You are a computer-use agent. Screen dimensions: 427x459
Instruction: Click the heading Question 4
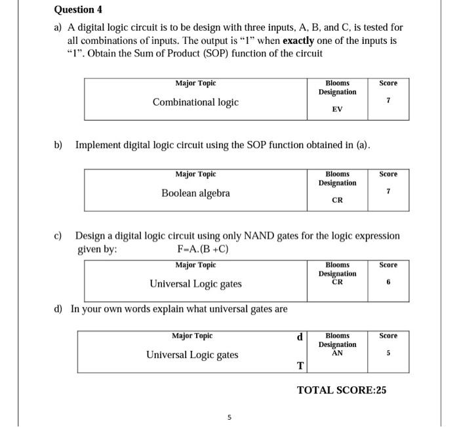(x=78, y=10)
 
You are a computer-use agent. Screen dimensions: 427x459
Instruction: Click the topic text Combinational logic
(x=195, y=102)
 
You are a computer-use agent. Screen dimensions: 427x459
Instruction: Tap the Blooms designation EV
(x=337, y=110)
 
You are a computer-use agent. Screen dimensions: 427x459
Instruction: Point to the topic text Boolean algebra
(x=195, y=193)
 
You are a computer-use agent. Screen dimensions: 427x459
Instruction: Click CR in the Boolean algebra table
(x=337, y=201)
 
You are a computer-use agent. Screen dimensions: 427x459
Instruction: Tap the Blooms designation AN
(x=337, y=353)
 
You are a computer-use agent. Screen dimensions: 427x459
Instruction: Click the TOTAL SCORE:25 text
(x=342, y=390)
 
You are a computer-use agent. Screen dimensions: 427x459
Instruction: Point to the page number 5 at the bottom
(x=229, y=416)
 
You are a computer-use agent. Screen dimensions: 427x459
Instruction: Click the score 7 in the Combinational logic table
(x=388, y=101)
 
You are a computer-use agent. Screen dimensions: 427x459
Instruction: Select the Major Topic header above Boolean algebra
(x=195, y=174)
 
